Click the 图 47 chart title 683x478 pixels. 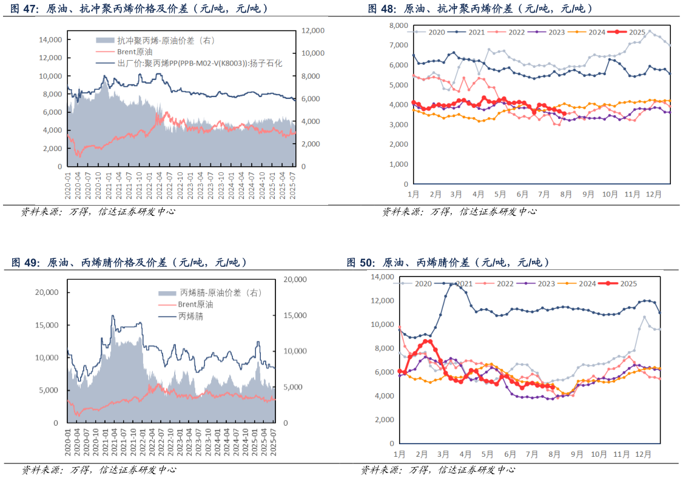(140, 9)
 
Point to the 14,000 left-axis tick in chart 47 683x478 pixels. (50, 39)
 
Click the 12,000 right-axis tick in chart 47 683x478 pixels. (314, 30)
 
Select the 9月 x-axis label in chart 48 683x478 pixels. (588, 194)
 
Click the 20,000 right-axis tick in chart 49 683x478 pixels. (297, 280)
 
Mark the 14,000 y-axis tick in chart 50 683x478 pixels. (382, 277)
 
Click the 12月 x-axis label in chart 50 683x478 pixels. (643, 454)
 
